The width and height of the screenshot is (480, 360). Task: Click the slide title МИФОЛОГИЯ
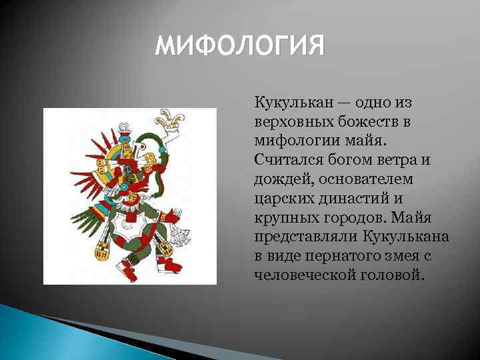[239, 47]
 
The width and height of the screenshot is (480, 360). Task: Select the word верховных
[288, 123]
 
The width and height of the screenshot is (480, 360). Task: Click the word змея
[395, 255]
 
